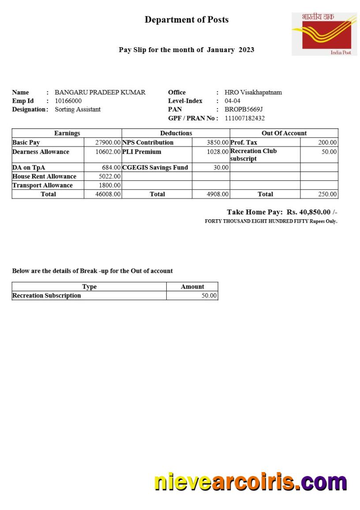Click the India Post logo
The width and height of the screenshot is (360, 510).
coord(324,34)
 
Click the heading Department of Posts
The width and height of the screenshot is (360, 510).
coord(187,20)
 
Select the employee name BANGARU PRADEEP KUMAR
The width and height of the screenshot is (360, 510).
coord(100,93)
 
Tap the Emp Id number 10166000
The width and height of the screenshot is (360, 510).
coord(68,101)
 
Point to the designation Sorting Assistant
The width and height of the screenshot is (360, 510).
coord(78,109)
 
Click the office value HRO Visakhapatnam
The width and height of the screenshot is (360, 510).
coord(253,93)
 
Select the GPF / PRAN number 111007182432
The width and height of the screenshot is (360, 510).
coord(245,118)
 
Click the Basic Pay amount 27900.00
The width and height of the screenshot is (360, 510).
coord(108,142)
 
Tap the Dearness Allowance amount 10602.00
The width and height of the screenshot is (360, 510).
coord(108,152)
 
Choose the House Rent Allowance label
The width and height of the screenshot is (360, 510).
coord(44,176)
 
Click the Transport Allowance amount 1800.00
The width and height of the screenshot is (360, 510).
coord(110,185)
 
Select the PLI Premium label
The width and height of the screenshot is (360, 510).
coord(142,152)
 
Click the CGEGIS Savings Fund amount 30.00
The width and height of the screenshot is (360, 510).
coord(221,168)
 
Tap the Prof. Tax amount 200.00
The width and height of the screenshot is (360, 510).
coord(327,142)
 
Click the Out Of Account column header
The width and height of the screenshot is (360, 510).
coord(284,133)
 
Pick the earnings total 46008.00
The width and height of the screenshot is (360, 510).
coord(108,194)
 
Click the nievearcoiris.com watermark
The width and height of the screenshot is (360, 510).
coord(251,482)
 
